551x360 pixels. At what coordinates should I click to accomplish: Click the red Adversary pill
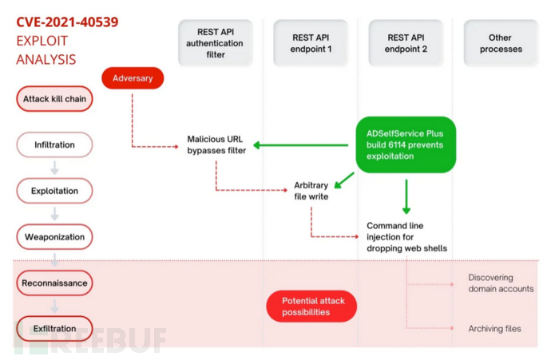[133, 78]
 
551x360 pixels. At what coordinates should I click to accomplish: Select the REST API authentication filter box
[216, 43]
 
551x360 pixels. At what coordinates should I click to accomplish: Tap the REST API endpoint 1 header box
[311, 43]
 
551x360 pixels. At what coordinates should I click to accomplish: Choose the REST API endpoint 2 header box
[406, 43]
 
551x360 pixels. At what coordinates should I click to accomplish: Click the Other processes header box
[501, 43]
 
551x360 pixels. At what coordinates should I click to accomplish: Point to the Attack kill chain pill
[54, 99]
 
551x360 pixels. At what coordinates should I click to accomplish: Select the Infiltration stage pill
[54, 144]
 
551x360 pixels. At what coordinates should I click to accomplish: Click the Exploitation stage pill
[54, 191]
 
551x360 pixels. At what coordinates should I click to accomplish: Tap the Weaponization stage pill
[54, 237]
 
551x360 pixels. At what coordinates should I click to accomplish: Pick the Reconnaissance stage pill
[54, 283]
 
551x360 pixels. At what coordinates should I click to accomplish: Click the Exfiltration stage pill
[54, 328]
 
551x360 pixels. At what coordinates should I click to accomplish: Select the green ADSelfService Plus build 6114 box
[406, 144]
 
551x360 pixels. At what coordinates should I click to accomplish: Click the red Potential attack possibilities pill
[311, 307]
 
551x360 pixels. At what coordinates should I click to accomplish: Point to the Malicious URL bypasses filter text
[216, 144]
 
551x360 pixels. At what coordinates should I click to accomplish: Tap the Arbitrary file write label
[311, 191]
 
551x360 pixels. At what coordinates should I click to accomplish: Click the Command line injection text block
[407, 237]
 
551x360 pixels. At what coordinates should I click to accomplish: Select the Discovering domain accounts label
[501, 283]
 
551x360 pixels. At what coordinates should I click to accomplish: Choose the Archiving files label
[494, 328]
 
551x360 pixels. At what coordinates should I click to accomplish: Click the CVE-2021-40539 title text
[67, 22]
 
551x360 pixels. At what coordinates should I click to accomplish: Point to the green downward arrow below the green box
[406, 196]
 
